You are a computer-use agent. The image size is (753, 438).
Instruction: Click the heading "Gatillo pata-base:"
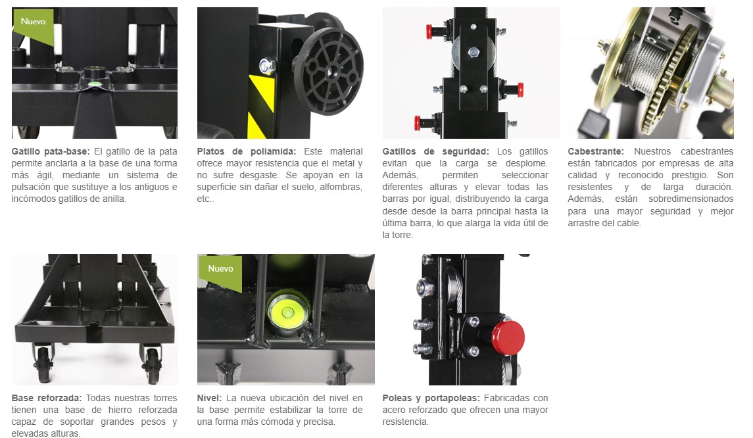point(51,151)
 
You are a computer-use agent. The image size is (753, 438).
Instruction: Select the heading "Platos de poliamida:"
point(247,151)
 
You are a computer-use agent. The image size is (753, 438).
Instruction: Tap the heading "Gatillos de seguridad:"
point(435,151)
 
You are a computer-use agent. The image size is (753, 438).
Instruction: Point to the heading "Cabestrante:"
point(595,151)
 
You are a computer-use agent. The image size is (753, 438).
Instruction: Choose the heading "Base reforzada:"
point(47,398)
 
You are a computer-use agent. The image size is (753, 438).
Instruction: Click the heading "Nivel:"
point(209,398)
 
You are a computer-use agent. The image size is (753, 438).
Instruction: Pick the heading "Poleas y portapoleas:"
point(431,398)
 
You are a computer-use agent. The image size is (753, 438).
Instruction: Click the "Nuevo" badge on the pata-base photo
point(33,22)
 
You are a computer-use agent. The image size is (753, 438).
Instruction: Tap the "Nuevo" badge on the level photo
point(220,269)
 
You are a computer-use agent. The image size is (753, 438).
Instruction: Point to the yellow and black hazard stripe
point(261,106)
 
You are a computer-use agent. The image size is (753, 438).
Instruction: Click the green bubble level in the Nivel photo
point(287,312)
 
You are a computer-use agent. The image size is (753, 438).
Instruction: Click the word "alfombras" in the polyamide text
point(341,187)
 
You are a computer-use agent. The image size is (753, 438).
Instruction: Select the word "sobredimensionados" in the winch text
point(691,199)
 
